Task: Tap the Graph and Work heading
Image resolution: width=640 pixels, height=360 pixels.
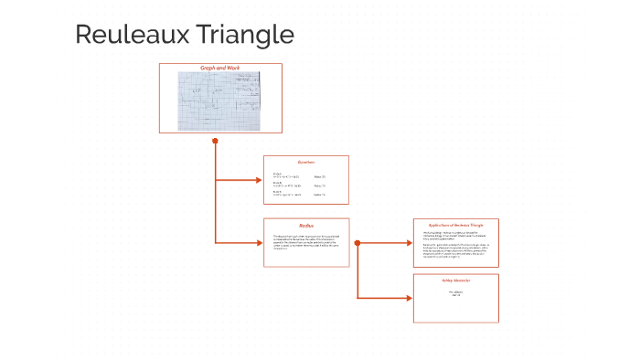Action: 219,69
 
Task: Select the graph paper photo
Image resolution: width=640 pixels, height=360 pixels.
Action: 219,100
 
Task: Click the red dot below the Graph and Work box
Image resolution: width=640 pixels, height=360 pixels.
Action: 215,141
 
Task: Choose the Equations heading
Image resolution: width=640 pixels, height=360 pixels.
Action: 306,163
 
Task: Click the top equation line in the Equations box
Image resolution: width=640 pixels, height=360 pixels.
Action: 287,175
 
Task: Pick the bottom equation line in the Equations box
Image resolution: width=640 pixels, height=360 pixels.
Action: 287,194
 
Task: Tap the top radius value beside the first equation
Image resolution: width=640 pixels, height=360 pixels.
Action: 319,176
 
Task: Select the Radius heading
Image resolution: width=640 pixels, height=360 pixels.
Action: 306,225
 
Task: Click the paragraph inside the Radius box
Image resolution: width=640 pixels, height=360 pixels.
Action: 305,243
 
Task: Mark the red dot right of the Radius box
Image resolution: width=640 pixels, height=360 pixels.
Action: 357,243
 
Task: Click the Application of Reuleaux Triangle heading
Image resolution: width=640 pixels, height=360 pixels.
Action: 455,224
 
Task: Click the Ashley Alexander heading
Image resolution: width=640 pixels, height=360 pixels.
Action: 455,281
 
